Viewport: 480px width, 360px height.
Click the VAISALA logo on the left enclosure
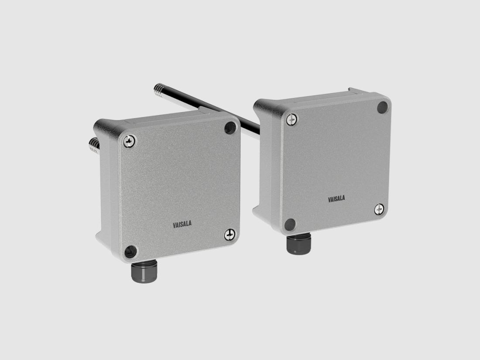182,225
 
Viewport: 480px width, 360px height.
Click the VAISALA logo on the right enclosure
336,199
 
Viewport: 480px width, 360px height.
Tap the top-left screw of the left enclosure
129,141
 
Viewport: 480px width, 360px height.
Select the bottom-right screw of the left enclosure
230,235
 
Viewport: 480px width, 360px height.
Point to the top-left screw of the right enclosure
292,119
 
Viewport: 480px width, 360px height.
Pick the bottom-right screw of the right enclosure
380,209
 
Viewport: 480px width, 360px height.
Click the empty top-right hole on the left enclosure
230,127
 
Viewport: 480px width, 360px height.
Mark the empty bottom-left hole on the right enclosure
290,225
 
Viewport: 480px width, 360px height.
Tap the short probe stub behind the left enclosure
93,145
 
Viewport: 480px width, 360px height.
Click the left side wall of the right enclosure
267,166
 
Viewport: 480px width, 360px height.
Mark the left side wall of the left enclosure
107,192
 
